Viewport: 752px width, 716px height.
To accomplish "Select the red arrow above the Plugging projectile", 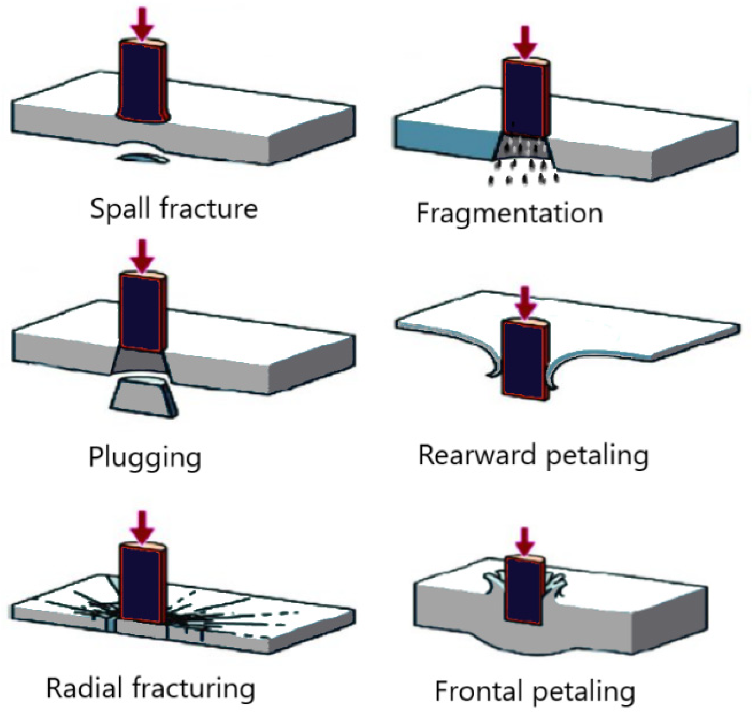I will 142,254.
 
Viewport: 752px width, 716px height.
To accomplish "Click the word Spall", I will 121,209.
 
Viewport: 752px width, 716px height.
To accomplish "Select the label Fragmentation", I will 509,214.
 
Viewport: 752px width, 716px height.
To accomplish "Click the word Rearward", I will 477,456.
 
